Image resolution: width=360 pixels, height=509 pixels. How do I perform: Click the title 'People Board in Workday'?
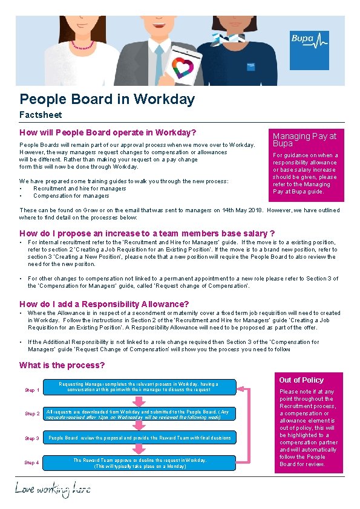pos(107,99)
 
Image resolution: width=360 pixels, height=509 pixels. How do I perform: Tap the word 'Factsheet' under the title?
pos(41,114)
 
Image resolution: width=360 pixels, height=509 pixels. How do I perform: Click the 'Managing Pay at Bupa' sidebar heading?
pos(304,140)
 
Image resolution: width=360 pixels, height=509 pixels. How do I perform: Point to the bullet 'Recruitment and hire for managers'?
pos(79,189)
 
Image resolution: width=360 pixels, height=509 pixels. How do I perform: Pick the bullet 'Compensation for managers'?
pos(71,196)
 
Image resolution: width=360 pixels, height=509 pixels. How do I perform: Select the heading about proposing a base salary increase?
pos(147,233)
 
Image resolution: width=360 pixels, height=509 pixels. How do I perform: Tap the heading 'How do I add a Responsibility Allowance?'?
pos(104,304)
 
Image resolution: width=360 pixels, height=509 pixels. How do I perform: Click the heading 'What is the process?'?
pos(62,365)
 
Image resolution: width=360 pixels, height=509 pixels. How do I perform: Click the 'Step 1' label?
pos(32,390)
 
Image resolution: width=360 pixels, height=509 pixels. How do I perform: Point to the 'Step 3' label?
pos(32,438)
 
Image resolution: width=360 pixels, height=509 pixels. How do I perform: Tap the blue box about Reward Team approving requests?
pos(139,463)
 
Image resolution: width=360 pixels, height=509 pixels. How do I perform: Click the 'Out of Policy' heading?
pos(301,380)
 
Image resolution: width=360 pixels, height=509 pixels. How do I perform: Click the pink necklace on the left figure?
pos(83,45)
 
